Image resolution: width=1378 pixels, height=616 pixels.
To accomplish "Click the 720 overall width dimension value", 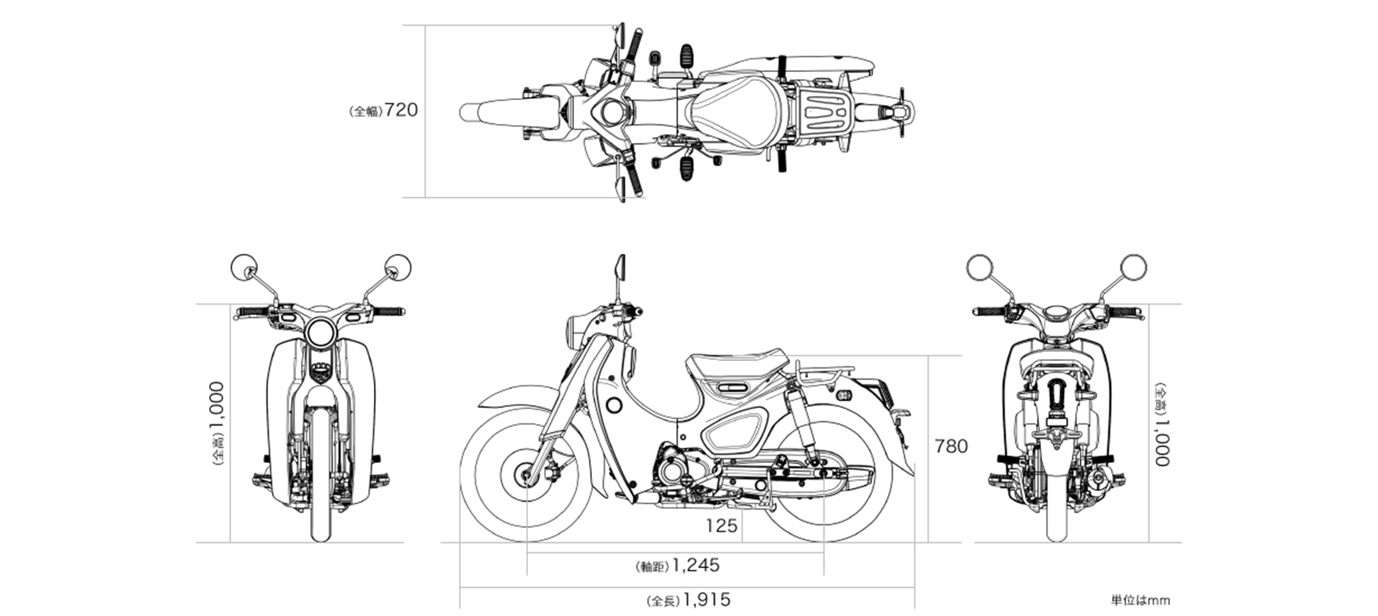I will pyautogui.click(x=401, y=110).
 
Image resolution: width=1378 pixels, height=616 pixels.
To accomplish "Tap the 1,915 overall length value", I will pyautogui.click(x=706, y=600).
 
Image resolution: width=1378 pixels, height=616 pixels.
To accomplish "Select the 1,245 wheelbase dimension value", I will pyautogui.click(x=695, y=565).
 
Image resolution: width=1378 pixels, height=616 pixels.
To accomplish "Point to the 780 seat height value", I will pyautogui.click(x=951, y=446).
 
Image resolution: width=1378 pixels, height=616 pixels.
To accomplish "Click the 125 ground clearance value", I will pyautogui.click(x=721, y=526).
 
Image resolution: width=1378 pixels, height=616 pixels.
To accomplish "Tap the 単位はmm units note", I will pyautogui.click(x=1140, y=600).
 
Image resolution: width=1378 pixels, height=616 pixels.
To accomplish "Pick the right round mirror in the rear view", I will pyautogui.click(x=1133, y=267).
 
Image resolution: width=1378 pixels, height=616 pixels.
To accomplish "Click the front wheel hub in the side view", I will pyautogui.click(x=526, y=474).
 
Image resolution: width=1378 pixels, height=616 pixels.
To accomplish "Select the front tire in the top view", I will pyautogui.click(x=485, y=113).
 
